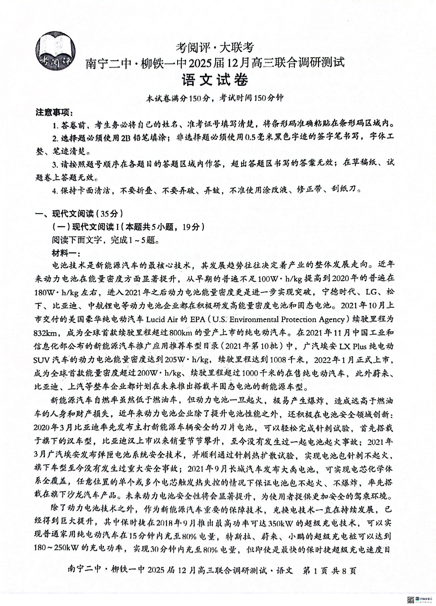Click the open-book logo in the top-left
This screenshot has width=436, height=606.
56,52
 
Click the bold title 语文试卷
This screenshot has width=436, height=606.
215,80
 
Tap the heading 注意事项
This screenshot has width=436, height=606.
54,112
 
